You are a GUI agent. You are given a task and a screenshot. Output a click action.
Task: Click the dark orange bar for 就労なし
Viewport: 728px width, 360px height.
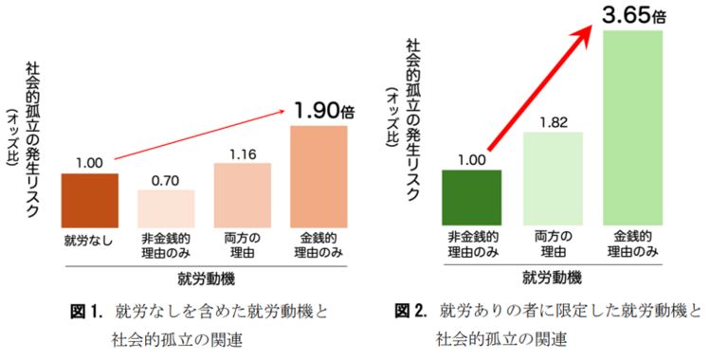(x=89, y=197)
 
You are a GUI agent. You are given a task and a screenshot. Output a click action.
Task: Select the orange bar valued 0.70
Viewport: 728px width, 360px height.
(x=166, y=205)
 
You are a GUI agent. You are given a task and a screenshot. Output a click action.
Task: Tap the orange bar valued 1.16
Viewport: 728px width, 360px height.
(x=243, y=192)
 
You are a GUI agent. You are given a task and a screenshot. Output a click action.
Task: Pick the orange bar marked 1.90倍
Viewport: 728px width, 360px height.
(x=318, y=173)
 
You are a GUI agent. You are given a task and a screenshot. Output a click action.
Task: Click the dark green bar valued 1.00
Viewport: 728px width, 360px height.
(x=472, y=196)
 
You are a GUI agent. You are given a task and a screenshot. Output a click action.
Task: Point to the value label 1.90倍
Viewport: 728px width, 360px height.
(x=323, y=111)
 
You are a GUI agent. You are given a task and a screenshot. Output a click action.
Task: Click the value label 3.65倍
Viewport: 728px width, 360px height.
(x=631, y=14)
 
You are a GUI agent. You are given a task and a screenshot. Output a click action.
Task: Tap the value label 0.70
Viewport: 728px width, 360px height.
(x=166, y=179)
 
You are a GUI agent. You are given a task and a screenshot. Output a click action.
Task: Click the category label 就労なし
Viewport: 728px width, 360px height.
(x=89, y=236)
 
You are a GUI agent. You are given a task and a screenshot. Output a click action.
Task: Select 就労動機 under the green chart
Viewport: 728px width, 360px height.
(x=551, y=277)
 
